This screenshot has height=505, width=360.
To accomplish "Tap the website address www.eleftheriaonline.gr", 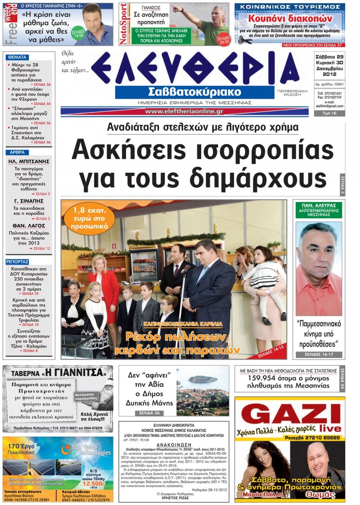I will tap(184, 111).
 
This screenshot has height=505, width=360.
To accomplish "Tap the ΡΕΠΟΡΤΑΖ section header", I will tap(18, 262).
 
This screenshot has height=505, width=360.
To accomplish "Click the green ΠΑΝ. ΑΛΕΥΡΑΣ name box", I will tap(319, 209).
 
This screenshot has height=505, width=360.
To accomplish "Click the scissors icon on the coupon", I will tap(245, 40).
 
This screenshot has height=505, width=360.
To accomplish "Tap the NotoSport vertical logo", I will tap(124, 24).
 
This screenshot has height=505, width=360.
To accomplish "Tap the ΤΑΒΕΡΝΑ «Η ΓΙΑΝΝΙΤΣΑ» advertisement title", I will tap(58, 373).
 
